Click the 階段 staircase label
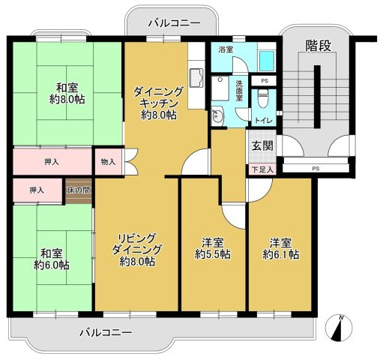point(319,46)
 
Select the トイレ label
point(262,120)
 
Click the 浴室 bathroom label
point(225,49)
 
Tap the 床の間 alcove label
point(78,190)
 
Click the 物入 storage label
point(108,160)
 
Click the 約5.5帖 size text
point(213,254)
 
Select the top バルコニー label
point(173,23)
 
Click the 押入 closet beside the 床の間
point(36,190)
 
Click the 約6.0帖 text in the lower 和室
point(52,265)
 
